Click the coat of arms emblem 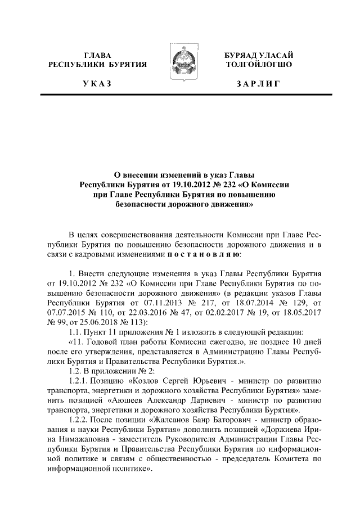click(180, 64)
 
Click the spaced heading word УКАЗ click(97, 84)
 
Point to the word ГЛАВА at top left click(97, 55)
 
